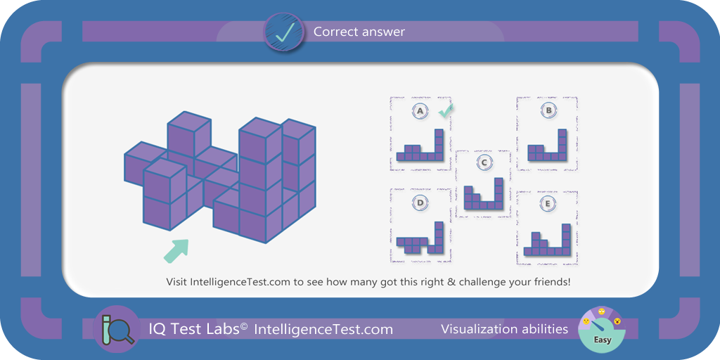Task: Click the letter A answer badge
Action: point(420,112)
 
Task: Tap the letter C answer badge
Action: point(484,162)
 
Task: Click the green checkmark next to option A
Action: point(445,110)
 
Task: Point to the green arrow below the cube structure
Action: point(176,251)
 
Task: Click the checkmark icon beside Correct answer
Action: point(284,31)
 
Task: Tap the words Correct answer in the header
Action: point(359,32)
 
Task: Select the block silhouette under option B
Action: point(547,145)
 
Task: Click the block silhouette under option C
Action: point(484,194)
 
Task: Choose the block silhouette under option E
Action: point(547,240)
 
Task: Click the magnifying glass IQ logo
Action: point(116,329)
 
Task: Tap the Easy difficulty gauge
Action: point(601,329)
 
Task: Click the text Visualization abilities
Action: point(504,329)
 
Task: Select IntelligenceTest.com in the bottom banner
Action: point(323,329)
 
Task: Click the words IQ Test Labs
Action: point(198,329)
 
